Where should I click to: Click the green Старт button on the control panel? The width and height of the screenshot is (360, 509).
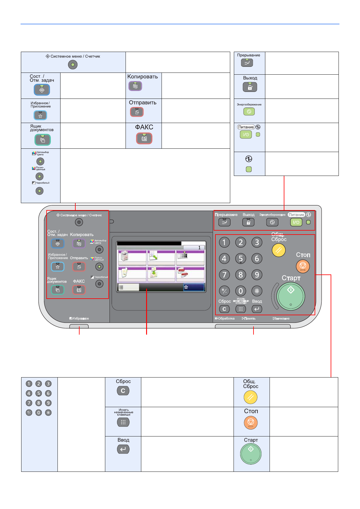[x=291, y=296]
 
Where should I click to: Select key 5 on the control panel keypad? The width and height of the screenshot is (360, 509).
[x=241, y=258]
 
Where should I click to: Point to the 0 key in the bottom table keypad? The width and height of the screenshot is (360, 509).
[x=38, y=413]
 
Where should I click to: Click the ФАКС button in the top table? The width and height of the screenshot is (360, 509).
[x=144, y=138]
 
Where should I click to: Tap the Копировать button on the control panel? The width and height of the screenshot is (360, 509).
[x=79, y=243]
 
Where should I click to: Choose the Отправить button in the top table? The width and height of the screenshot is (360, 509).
[x=137, y=112]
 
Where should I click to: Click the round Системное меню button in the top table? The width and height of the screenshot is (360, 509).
[x=73, y=65]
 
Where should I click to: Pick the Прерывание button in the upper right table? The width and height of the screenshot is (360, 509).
[x=247, y=63]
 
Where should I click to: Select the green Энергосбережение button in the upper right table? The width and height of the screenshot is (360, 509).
[x=249, y=112]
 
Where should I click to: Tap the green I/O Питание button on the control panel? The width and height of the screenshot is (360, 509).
[x=296, y=222]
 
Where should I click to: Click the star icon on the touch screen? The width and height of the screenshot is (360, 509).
[x=186, y=287]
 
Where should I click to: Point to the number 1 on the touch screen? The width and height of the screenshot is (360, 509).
[x=199, y=248]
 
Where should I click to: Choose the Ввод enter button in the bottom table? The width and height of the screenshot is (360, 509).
[x=123, y=449]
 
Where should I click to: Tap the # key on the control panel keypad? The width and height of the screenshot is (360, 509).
[x=257, y=291]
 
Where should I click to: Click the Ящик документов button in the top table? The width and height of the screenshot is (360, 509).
[x=43, y=140]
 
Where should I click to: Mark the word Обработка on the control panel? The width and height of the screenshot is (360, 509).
[x=226, y=318]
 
